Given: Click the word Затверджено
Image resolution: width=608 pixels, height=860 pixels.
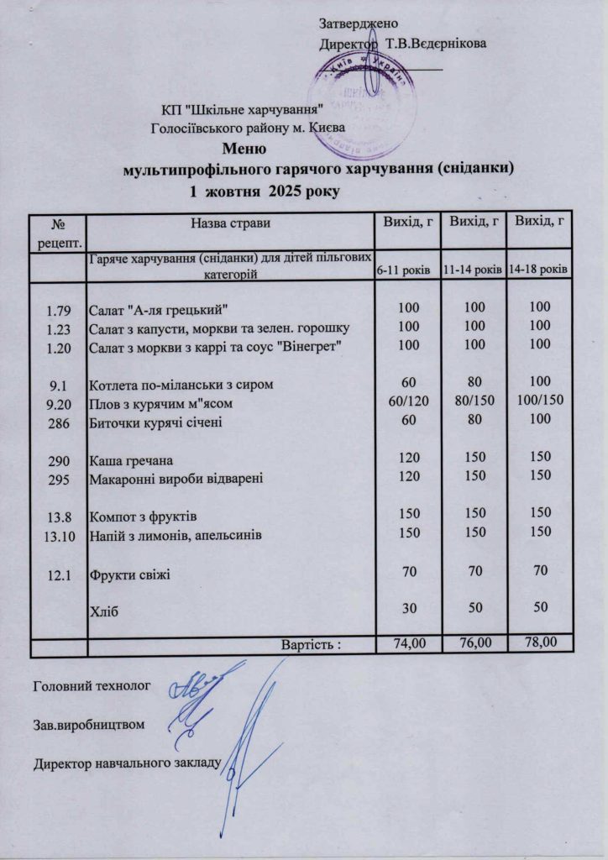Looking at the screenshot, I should pos(359,23).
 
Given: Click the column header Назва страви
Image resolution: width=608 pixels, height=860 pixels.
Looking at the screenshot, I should pos(230,223).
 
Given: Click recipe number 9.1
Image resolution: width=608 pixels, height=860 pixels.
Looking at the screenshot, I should pos(58,385).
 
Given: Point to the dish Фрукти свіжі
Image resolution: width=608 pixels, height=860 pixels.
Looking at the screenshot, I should pos(129,575).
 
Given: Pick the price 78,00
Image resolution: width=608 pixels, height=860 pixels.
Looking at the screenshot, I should pos(539,644).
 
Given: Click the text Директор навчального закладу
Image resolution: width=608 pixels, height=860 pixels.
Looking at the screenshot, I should pos(126,764).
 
